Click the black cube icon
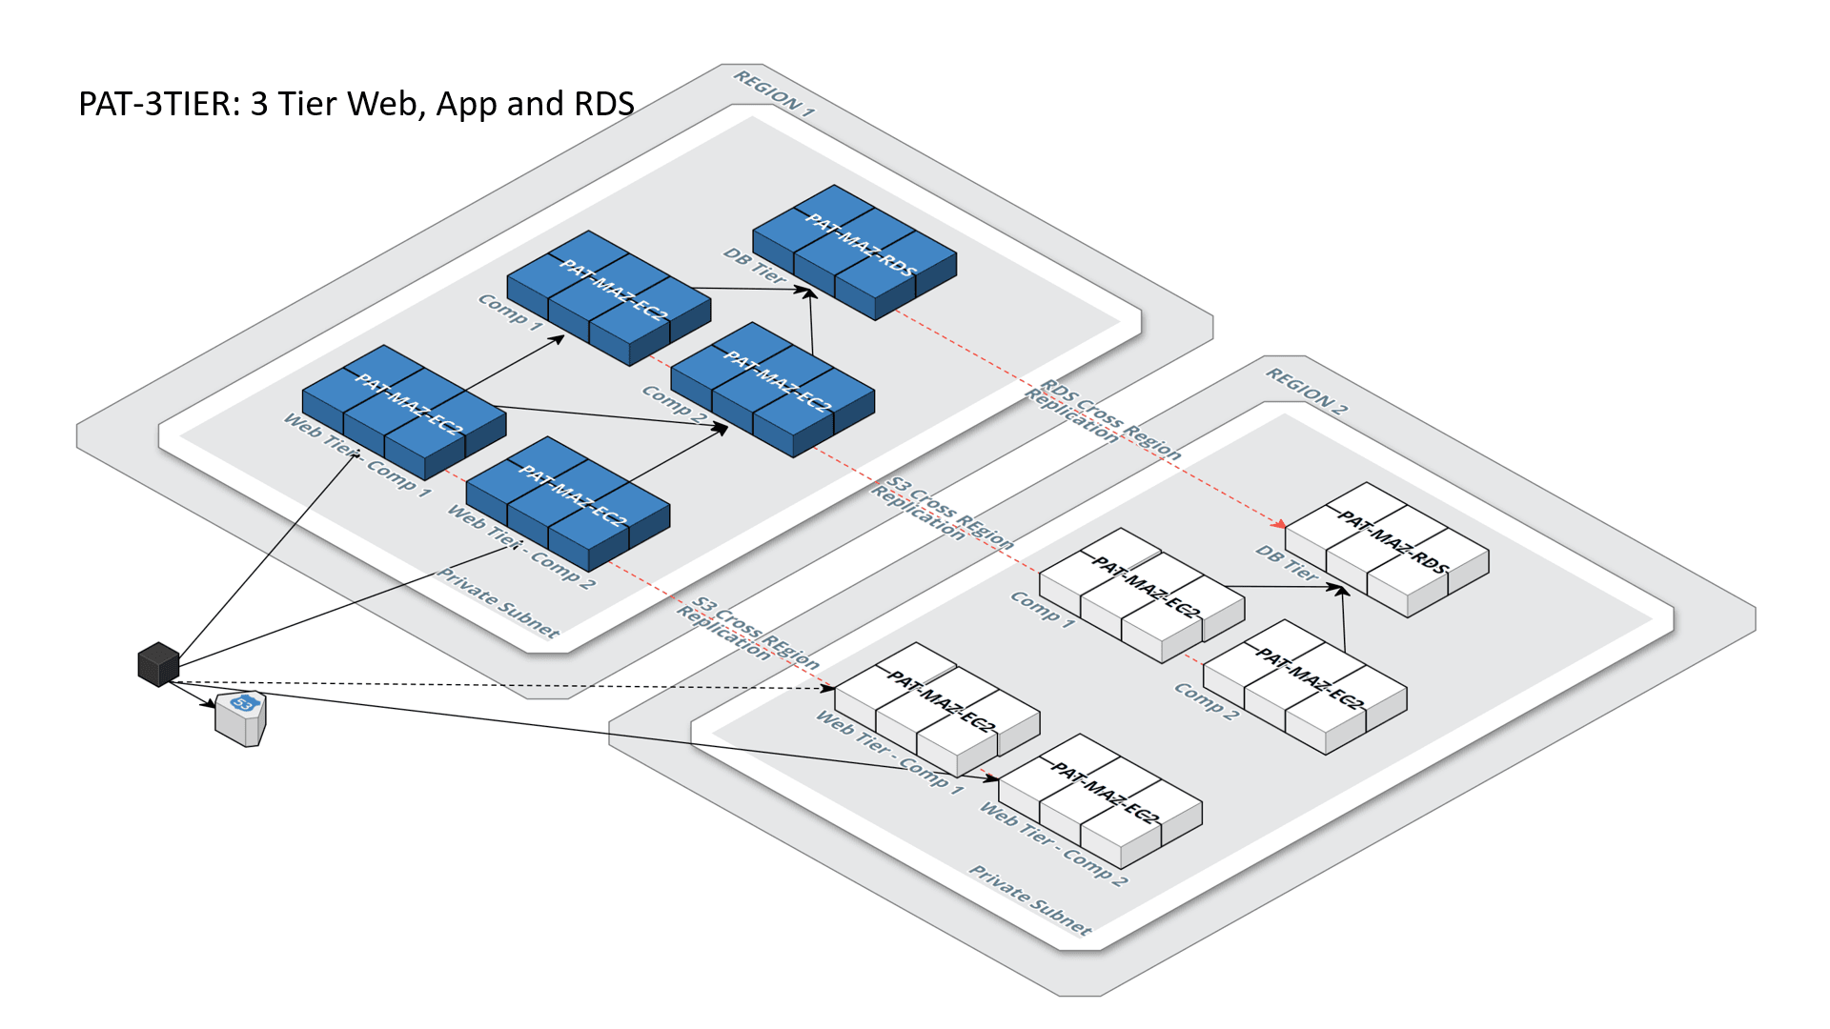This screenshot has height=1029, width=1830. [x=158, y=664]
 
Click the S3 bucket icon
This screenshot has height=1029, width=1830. [x=240, y=718]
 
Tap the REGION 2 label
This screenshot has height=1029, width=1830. [x=1306, y=391]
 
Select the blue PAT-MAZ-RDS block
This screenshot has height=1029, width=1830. [x=855, y=252]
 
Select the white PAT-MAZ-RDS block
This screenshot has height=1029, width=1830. [x=1388, y=550]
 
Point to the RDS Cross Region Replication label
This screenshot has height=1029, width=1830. [x=1102, y=419]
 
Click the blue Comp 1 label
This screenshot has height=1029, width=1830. [x=510, y=313]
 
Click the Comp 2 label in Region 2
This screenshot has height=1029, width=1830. [x=1206, y=701]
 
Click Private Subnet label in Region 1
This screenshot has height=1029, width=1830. [x=498, y=602]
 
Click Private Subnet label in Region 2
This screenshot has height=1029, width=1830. [x=1030, y=899]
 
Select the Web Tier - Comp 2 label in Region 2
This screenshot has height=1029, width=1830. [x=1053, y=844]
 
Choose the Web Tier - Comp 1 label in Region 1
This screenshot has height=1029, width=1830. [x=357, y=455]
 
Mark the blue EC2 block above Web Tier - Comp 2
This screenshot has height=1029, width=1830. [x=568, y=503]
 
